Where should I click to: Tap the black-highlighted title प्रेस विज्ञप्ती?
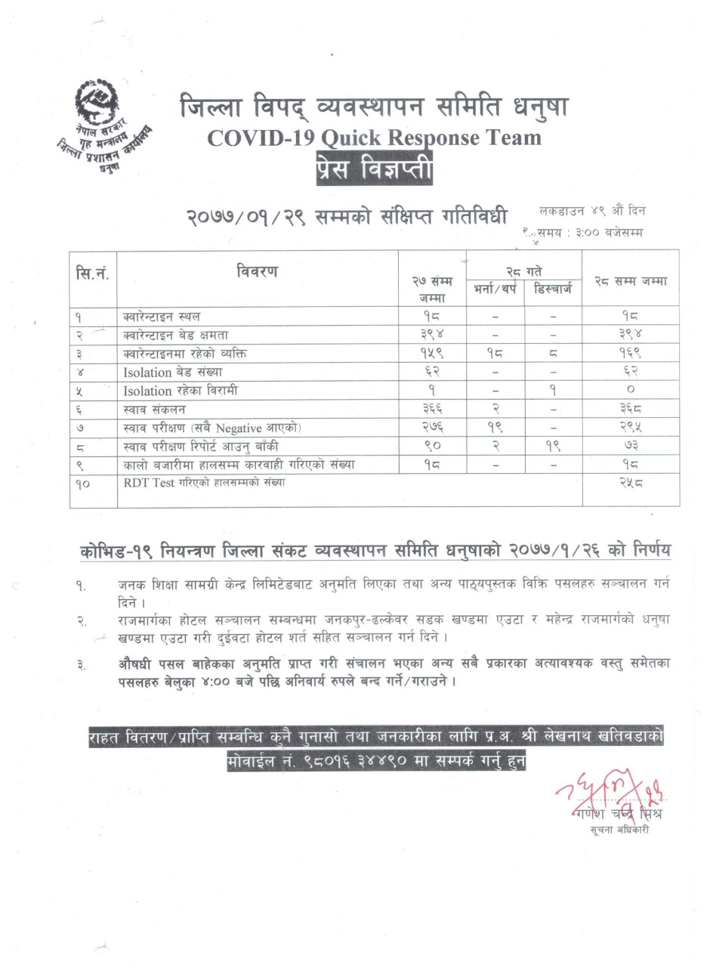point(375,167)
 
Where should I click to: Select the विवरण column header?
point(257,270)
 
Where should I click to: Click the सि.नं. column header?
point(93,272)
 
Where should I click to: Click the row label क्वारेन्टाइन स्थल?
point(162,316)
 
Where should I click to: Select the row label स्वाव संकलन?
point(154,410)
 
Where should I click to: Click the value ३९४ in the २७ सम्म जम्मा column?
point(431,335)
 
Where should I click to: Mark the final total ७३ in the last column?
point(630,447)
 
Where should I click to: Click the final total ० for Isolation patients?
point(630,391)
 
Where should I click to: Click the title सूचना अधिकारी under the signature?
point(619,830)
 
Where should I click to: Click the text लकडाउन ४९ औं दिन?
point(592,211)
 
